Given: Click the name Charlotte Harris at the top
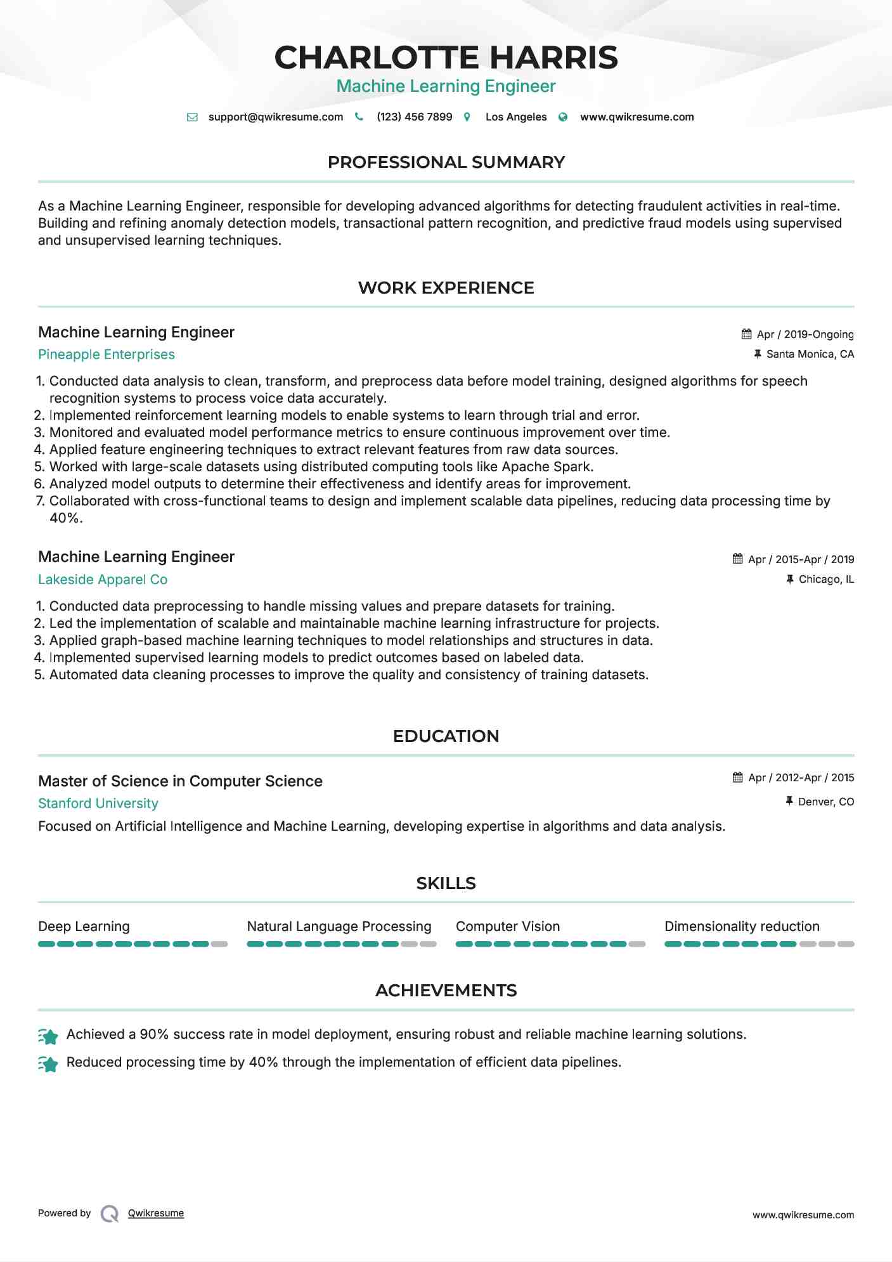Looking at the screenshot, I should (x=446, y=58).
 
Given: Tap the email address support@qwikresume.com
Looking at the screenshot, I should (x=275, y=117).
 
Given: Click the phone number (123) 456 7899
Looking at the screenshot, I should (x=414, y=117).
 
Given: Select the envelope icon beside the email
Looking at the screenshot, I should (x=192, y=117).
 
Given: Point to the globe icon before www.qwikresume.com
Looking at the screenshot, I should (x=563, y=117).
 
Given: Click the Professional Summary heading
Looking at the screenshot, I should (x=446, y=162).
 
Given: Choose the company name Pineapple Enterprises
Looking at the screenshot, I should (x=107, y=355).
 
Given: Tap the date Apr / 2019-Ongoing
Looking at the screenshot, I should (x=805, y=335).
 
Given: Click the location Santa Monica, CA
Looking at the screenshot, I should (x=810, y=355).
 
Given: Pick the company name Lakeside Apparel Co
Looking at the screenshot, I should (x=103, y=580).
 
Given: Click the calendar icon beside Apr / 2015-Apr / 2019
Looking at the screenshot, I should (x=737, y=559).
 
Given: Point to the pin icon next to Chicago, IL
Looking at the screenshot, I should (x=789, y=579).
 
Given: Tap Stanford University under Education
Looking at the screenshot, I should (x=98, y=803).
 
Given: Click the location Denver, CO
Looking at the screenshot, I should (x=825, y=802).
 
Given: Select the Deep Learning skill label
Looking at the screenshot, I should (x=84, y=927).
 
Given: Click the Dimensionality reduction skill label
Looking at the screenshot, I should (x=742, y=927).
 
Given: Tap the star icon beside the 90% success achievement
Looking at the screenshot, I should (x=48, y=1036).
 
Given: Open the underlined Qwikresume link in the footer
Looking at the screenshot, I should (x=156, y=1213).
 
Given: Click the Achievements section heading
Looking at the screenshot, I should (x=446, y=991).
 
